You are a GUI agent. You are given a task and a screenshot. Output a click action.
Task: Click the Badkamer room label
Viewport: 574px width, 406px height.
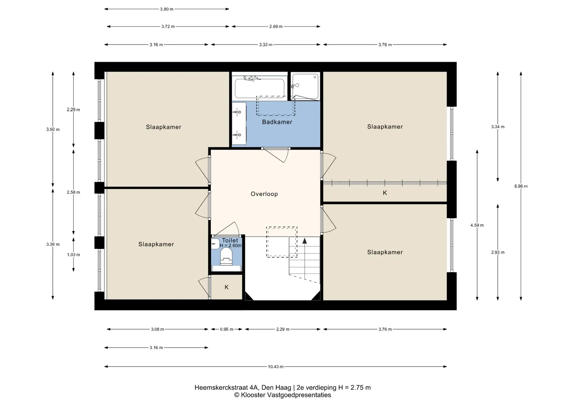click(x=277, y=122)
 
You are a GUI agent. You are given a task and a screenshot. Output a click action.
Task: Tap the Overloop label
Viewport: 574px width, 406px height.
click(x=264, y=194)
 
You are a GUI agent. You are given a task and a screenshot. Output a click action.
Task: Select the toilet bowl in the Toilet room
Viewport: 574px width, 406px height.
click(x=226, y=257)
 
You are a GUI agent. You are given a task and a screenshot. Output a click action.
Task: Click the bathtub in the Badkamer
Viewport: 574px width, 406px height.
click(x=259, y=88)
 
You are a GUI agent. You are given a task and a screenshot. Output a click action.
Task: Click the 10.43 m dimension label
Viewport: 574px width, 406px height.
click(x=276, y=367)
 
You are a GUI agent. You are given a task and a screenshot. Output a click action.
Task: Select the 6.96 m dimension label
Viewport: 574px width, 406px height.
click(x=521, y=186)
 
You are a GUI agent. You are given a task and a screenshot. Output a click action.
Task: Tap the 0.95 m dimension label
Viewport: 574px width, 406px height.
click(x=227, y=329)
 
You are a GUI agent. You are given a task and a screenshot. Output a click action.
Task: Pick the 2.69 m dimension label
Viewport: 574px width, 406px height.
click(x=276, y=27)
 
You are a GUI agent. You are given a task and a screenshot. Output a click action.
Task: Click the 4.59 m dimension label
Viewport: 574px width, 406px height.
click(x=477, y=225)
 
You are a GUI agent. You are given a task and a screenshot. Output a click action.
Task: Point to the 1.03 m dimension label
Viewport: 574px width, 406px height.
click(x=74, y=255)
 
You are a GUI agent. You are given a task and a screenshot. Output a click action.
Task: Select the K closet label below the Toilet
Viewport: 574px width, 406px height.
click(x=227, y=287)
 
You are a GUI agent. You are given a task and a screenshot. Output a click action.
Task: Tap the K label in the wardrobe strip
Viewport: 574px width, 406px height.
click(x=385, y=193)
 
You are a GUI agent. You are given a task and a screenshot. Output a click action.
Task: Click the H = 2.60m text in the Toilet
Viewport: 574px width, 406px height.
click(x=231, y=246)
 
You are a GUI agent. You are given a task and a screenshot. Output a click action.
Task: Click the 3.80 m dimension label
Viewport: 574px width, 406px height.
click(x=167, y=9)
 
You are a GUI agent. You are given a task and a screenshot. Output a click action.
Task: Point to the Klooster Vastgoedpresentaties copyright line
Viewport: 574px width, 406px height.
click(x=283, y=395)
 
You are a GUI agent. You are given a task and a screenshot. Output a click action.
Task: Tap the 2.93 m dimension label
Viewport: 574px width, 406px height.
click(x=498, y=252)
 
